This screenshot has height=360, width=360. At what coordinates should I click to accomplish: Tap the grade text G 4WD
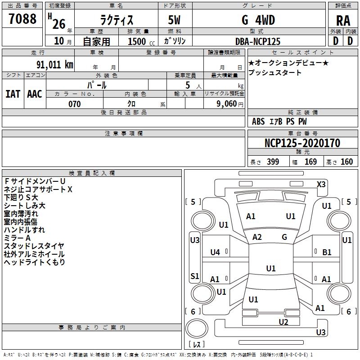pyautogui.click(x=258, y=20)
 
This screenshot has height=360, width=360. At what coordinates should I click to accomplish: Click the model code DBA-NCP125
pyautogui.click(x=258, y=41)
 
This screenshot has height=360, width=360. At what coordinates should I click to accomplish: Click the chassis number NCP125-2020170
pyautogui.click(x=302, y=143)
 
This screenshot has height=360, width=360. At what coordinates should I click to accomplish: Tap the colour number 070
pyautogui.click(x=74, y=104)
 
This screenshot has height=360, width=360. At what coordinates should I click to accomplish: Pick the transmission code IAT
pyautogui.click(x=13, y=94)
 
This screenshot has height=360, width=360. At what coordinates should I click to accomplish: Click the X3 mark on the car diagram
pyautogui.click(x=321, y=184)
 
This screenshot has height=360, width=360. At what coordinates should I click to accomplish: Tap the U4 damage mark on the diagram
pyautogui.click(x=215, y=252)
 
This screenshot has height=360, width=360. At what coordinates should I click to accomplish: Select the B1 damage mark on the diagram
pyautogui.click(x=327, y=252)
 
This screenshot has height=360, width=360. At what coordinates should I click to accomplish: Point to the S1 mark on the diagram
pyautogui.click(x=194, y=276)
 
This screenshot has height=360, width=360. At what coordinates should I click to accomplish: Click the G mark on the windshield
pyautogui.click(x=284, y=237)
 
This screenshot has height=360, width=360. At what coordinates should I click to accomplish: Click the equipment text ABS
pyautogui.click(x=258, y=121)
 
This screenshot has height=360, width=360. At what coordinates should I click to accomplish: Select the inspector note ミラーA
pyautogui.click(x=17, y=238)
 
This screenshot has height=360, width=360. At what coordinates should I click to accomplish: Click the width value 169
pyautogui.click(x=310, y=162)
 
